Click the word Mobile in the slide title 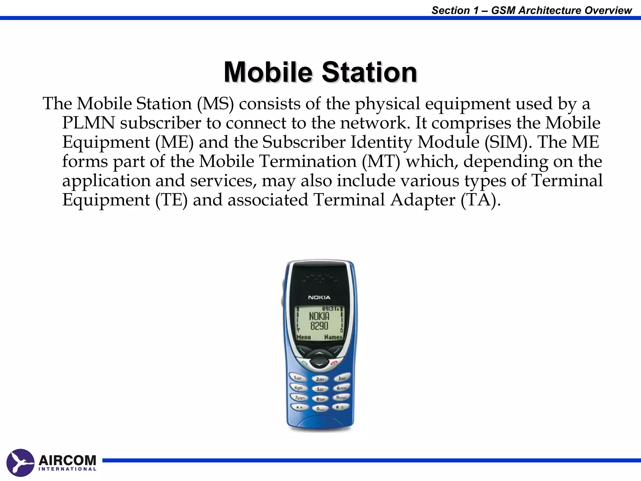click(268, 72)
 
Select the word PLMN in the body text click(88, 123)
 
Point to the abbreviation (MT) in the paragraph click(381, 162)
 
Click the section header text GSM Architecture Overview click(562, 10)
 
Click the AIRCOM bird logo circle click(20, 463)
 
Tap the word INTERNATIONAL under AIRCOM click(67, 469)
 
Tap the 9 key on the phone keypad click(341, 398)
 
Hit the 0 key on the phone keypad click(320, 409)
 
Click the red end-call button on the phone click(334, 363)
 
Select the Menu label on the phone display click(304, 337)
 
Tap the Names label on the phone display click(333, 337)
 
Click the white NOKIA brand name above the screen click(319, 297)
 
